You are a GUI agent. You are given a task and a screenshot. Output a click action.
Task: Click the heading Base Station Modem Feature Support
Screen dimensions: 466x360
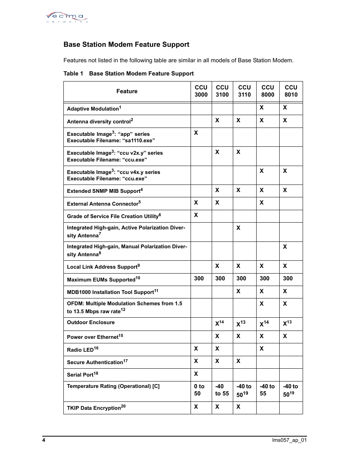126,45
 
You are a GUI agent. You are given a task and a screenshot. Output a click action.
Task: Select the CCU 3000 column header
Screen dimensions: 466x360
201,91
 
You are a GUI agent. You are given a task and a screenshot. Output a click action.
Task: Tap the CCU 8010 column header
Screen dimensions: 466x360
291,91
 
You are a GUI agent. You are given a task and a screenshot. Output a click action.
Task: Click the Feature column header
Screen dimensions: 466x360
127,91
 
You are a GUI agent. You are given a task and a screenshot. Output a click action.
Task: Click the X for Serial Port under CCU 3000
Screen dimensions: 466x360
196,374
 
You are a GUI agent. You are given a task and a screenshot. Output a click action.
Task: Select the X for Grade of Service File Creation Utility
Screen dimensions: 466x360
196,215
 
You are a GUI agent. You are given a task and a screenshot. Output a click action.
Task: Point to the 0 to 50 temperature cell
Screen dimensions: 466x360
199,390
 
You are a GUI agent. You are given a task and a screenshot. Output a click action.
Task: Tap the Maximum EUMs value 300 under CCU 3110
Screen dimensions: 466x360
241,278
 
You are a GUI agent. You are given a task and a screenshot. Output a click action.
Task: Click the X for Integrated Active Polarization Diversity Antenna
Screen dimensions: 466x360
238,228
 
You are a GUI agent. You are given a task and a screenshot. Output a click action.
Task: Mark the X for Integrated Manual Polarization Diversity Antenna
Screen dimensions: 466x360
285,247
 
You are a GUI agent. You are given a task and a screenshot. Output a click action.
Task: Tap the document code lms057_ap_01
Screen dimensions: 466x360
289,440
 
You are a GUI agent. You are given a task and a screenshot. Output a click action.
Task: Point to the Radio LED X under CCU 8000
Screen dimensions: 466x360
262,349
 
